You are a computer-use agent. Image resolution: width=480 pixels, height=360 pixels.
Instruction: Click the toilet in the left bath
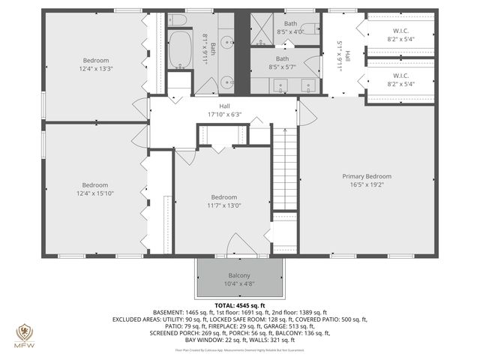177,20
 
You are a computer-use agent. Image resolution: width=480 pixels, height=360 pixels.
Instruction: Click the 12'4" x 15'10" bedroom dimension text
95,194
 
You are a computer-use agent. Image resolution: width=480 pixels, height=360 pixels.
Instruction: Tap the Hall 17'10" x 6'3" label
224,110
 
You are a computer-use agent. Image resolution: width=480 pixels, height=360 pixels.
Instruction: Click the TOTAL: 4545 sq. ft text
240,305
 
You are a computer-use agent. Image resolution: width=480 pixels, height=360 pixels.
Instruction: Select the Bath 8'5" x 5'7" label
283,63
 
